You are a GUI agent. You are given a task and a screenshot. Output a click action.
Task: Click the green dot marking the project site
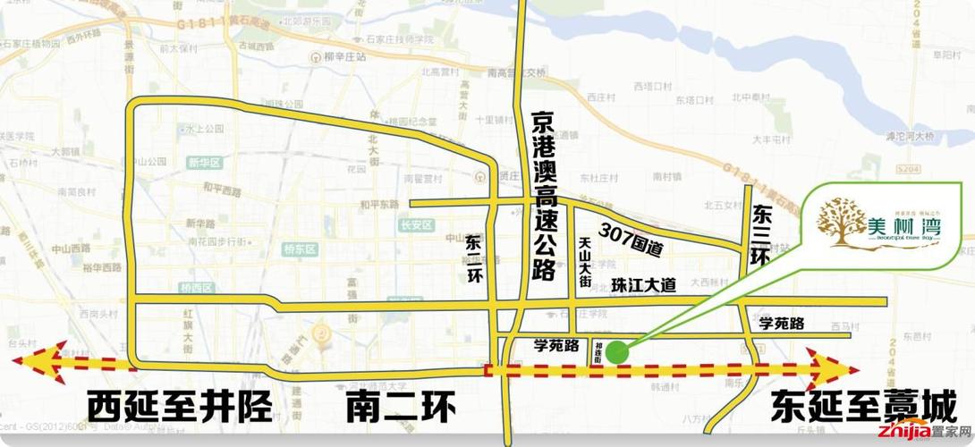click(x=615, y=351)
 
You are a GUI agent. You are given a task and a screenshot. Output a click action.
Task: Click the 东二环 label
click(x=473, y=259)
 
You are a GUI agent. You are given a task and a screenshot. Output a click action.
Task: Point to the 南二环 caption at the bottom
click(x=401, y=409)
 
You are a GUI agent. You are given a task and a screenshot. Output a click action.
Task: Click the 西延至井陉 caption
click(x=179, y=409)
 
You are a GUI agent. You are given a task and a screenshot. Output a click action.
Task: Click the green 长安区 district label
click(x=416, y=225)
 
